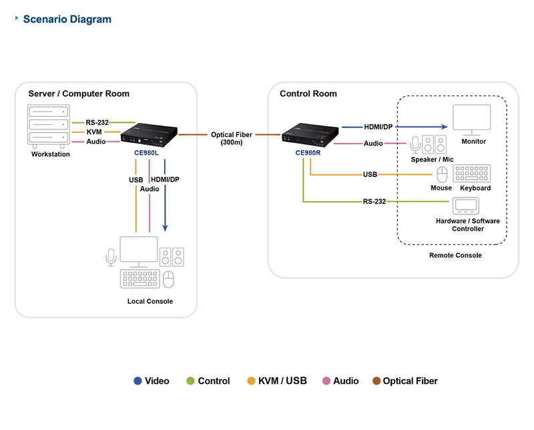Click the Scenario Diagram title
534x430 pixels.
[67, 19]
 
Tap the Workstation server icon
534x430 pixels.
[48, 125]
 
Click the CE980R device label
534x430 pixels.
[308, 152]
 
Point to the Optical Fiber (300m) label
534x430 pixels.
[231, 138]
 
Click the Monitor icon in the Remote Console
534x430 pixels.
[473, 119]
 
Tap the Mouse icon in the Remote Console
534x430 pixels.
[441, 175]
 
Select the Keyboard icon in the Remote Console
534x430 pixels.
[475, 174]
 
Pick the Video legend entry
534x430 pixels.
[152, 381]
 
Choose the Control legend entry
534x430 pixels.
[208, 381]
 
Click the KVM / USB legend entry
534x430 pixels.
[277, 381]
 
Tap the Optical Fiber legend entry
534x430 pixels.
[405, 381]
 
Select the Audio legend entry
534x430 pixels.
[340, 381]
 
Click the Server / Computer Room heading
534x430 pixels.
[79, 93]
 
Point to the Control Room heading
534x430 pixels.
[308, 93]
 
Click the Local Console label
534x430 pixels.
[150, 301]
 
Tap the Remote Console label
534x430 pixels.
[455, 255]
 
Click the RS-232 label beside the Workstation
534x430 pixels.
[97, 122]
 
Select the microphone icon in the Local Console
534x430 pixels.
[111, 256]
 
